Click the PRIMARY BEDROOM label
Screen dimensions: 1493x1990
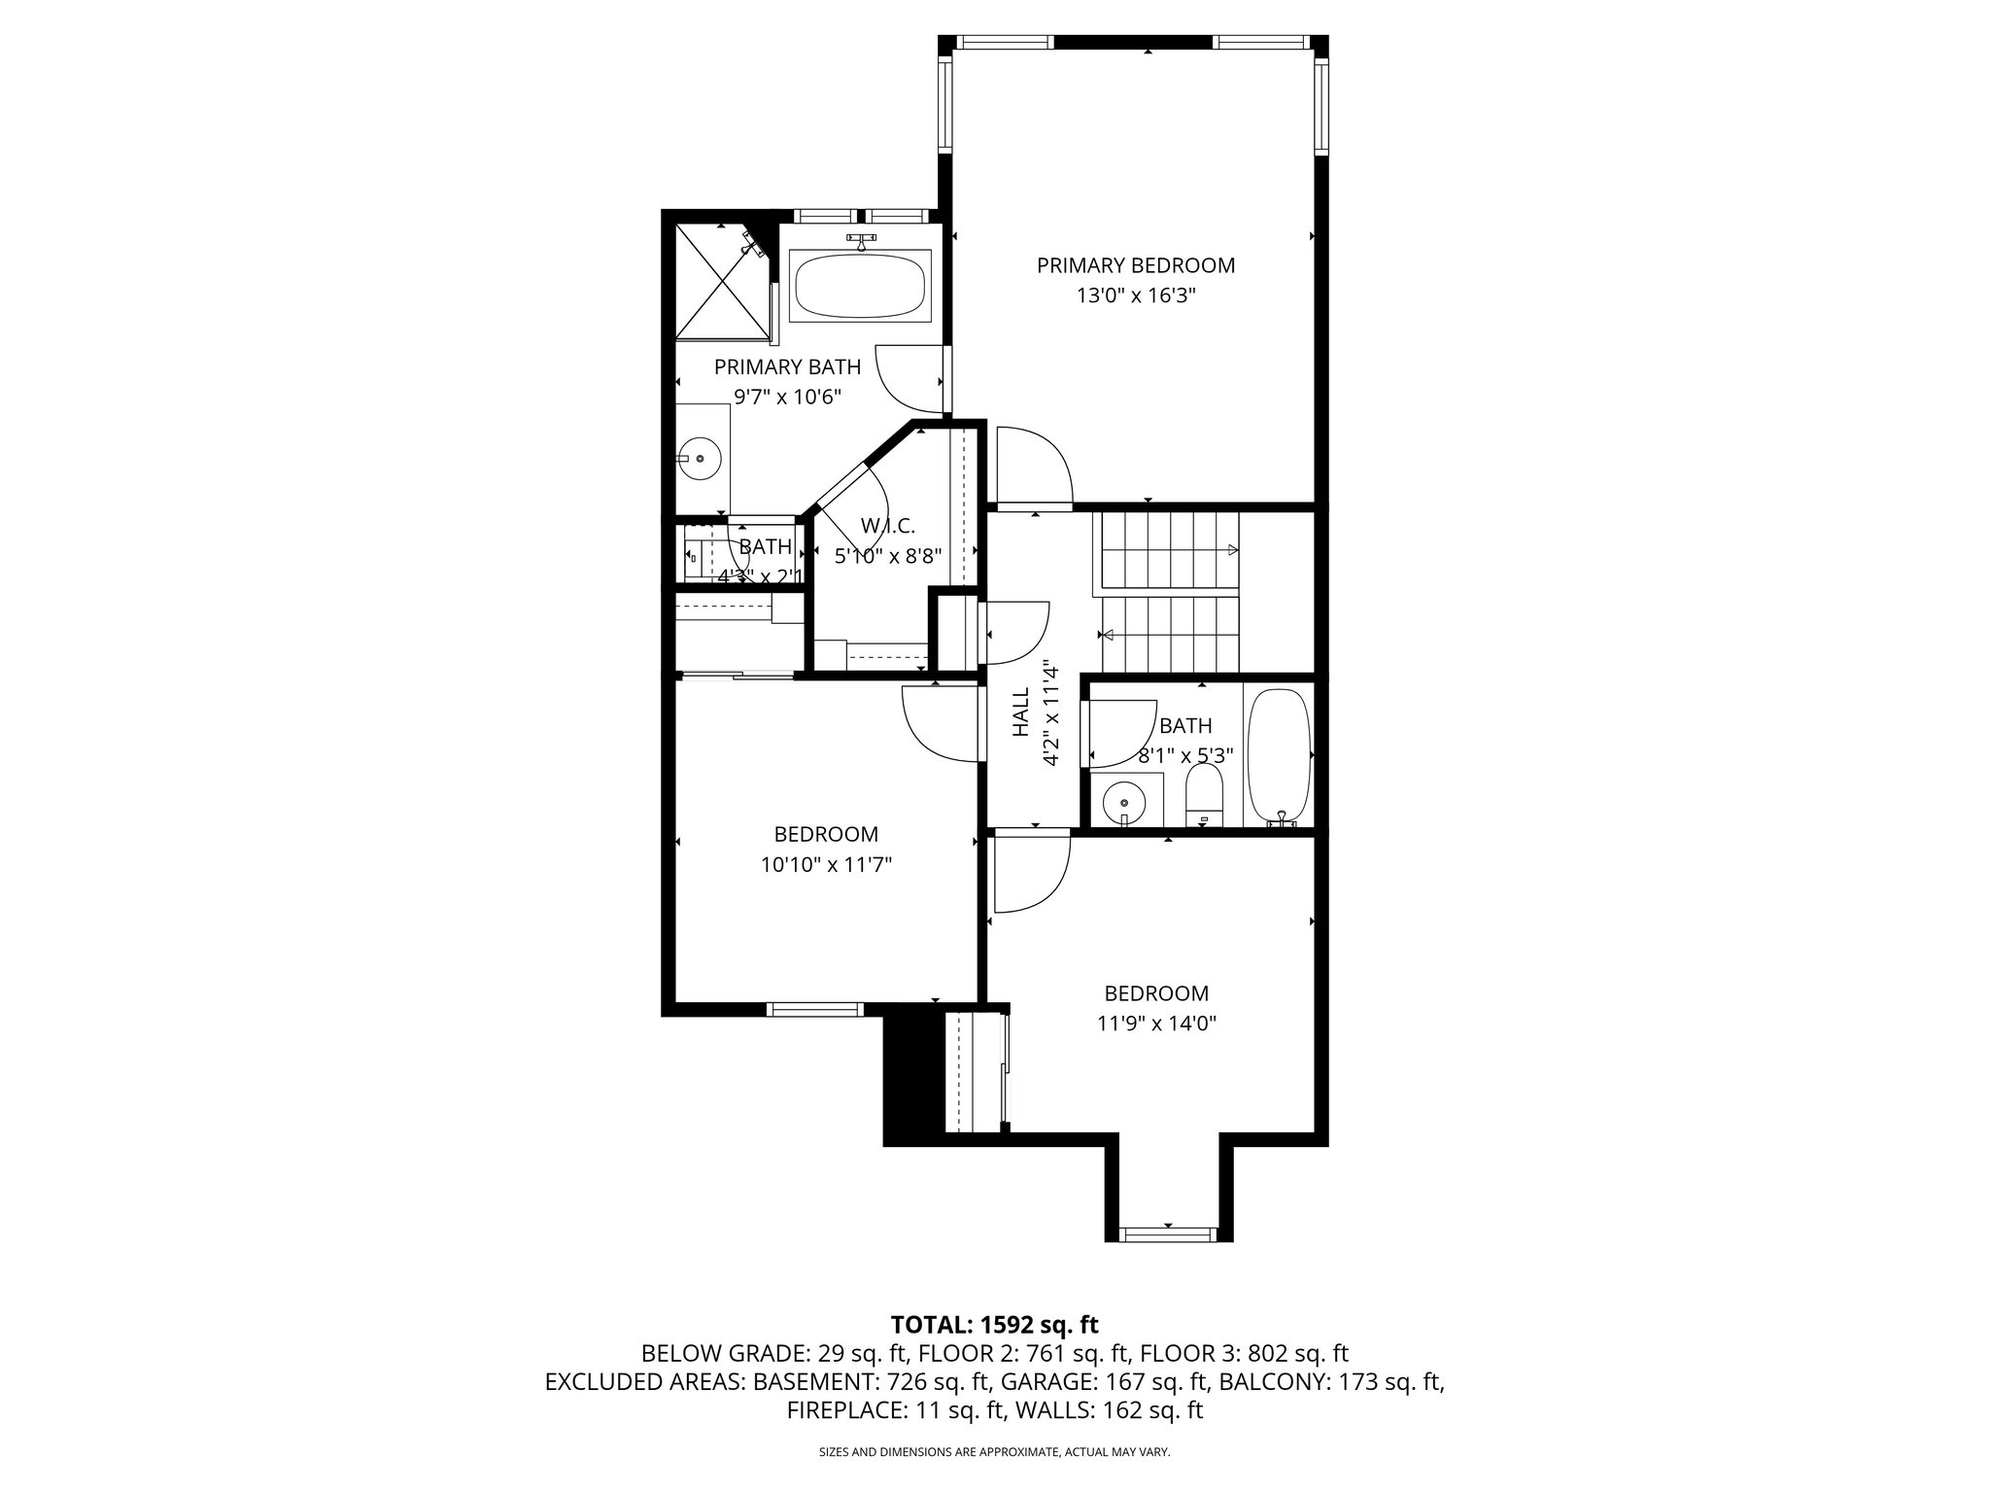tap(1135, 265)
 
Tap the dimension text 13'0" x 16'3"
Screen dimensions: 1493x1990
tap(1135, 295)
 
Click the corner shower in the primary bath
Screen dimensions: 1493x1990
tap(721, 282)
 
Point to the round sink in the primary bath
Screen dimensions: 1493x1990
tap(699, 457)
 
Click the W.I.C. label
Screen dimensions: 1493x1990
tap(887, 526)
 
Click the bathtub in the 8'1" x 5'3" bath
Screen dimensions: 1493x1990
tap(1278, 756)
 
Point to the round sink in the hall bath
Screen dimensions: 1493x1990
tap(1125, 803)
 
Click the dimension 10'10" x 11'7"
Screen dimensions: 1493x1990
tap(826, 864)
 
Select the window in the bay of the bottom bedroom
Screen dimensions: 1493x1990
tap(1168, 1234)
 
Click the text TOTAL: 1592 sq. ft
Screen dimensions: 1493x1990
tap(994, 1324)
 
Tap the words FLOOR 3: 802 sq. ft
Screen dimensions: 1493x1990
tap(1244, 1353)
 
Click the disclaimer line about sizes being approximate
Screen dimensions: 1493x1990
tap(994, 1452)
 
